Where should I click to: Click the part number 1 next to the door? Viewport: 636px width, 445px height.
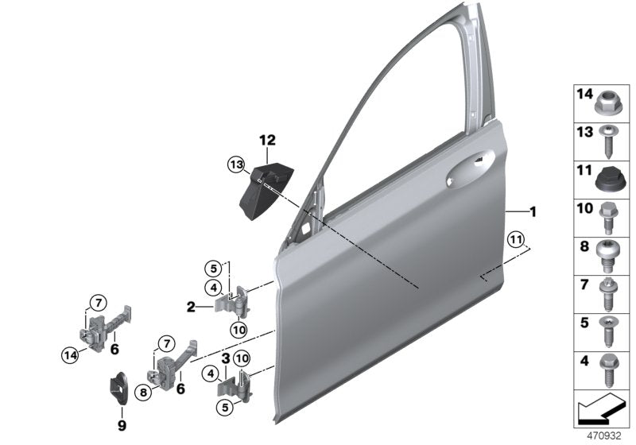pyautogui.click(x=534, y=212)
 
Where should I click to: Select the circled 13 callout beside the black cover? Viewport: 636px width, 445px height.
pyautogui.click(x=235, y=164)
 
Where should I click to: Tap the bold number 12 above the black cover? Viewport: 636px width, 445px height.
pyautogui.click(x=266, y=141)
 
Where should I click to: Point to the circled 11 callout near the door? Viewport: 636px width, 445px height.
pyautogui.click(x=517, y=239)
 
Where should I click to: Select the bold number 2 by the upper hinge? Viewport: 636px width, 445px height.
pyautogui.click(x=192, y=305)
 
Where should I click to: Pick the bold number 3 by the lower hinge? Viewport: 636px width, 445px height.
pyautogui.click(x=225, y=358)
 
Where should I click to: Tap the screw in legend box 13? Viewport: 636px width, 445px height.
pyautogui.click(x=607, y=139)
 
